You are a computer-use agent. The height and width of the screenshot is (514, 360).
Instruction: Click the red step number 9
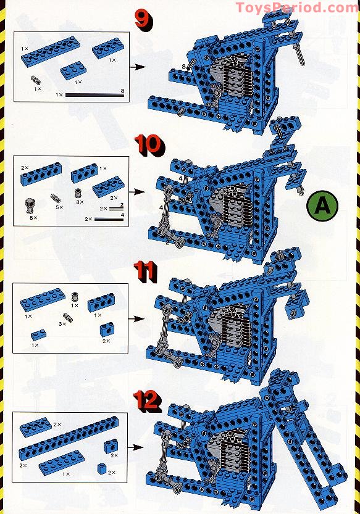(x=144, y=20)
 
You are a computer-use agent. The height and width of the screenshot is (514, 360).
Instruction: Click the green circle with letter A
(x=322, y=206)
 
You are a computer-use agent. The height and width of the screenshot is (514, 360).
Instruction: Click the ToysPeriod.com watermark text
(x=297, y=7)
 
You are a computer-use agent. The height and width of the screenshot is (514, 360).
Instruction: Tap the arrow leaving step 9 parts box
(x=138, y=67)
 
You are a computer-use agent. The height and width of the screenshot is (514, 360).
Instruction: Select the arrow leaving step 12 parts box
(x=136, y=447)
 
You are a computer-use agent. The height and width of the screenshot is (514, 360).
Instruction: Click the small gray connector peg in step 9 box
(x=36, y=79)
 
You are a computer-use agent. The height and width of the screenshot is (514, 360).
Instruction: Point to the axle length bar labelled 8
(x=95, y=95)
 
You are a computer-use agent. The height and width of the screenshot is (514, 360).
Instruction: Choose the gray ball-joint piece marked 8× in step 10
(x=30, y=205)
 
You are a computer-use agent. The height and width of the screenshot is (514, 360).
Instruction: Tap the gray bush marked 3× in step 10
(x=79, y=192)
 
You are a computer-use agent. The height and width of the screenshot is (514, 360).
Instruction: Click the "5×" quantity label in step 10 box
(x=59, y=207)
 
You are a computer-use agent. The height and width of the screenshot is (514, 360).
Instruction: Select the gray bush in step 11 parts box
(x=75, y=297)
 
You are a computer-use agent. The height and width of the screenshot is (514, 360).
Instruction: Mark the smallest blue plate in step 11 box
(x=38, y=334)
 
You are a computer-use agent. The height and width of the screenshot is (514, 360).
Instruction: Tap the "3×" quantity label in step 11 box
(x=62, y=323)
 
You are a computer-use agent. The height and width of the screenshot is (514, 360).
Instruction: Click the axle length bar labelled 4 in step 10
(x=109, y=219)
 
